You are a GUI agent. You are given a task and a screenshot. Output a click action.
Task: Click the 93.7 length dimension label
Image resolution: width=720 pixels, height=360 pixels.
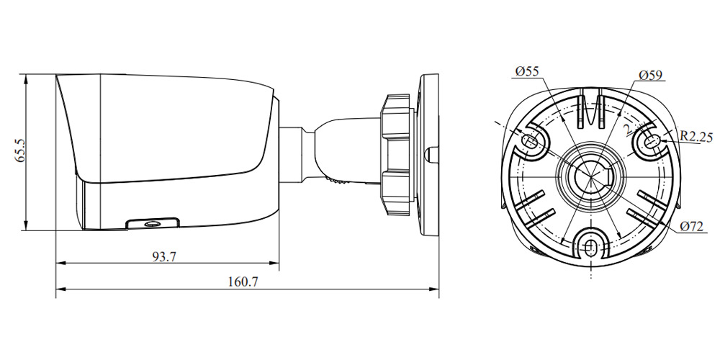click(x=164, y=257)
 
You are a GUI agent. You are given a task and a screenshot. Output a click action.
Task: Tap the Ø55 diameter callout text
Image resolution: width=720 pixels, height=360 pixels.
click(x=527, y=71)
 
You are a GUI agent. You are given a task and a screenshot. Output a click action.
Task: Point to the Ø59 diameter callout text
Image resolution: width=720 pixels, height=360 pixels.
click(x=651, y=76)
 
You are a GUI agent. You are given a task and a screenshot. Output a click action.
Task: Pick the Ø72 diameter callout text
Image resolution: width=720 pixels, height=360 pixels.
click(x=692, y=226)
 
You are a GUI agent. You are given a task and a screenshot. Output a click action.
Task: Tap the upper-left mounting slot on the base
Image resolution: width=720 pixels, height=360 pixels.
click(x=530, y=140)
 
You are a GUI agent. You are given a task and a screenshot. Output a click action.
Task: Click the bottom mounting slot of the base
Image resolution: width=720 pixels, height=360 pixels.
click(x=590, y=247)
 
